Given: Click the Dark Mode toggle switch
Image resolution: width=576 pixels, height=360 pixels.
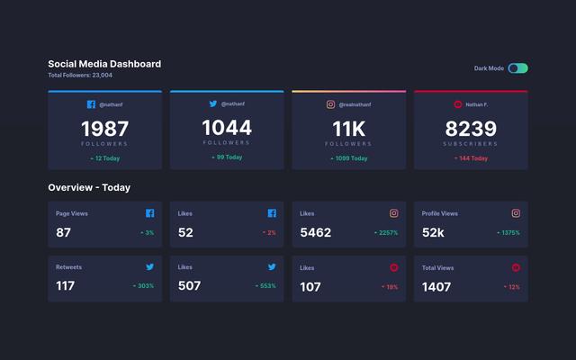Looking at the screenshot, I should click(517, 68).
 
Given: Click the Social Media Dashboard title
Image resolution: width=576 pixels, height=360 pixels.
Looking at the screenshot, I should click(104, 64).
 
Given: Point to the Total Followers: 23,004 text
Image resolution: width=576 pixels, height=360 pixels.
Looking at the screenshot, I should click(80, 76).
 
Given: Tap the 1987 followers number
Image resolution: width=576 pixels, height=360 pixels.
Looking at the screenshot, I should click(104, 129).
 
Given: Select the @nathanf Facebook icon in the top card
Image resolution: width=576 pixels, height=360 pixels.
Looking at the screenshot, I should click(91, 104).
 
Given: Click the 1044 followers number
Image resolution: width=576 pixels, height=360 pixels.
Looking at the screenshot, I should click(227, 128).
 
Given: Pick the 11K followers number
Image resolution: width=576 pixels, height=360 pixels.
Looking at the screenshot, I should click(348, 129).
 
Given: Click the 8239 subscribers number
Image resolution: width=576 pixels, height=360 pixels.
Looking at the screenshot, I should click(471, 129).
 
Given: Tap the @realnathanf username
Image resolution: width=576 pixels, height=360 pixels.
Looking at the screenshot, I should click(355, 104).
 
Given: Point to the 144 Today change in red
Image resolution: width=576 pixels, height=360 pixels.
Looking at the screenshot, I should click(472, 158).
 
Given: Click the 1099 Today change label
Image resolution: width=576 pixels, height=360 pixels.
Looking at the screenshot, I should click(350, 158).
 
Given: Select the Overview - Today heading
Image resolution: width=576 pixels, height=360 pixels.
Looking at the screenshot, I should click(89, 187).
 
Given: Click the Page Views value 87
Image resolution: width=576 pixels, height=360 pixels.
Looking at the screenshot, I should click(63, 232).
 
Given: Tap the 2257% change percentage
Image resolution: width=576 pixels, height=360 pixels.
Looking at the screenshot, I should click(387, 233).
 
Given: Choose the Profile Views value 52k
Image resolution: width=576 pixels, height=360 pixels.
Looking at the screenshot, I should click(433, 232).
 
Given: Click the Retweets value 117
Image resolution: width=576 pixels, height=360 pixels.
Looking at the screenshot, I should click(65, 286).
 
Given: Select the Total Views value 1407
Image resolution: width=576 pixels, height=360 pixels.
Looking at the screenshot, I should click(436, 286).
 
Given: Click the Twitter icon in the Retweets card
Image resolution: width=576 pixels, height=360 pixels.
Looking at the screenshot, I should click(149, 267).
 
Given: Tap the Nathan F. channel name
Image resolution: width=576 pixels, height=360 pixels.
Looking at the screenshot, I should click(477, 104).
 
